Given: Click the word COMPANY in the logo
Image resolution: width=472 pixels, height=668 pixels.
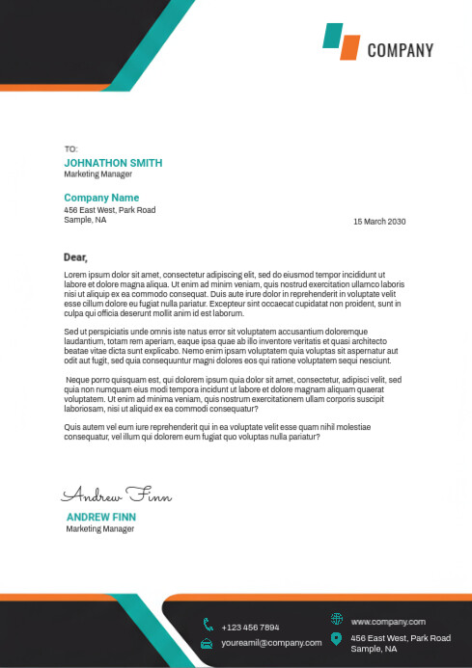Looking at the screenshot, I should [x=400, y=51].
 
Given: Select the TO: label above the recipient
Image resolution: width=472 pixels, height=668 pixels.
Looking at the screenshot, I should [x=69, y=149].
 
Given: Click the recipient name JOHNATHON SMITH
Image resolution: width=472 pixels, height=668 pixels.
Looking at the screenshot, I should [x=113, y=163].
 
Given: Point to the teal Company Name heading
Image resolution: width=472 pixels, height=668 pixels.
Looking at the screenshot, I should [x=101, y=198].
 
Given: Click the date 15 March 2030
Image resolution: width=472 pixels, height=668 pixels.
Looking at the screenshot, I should [x=379, y=222].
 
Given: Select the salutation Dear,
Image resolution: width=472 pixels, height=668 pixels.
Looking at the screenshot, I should [x=75, y=257].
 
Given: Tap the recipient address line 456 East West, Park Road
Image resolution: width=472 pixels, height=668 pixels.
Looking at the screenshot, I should [x=109, y=210].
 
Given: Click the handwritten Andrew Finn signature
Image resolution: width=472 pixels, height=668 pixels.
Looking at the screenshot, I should [x=117, y=495].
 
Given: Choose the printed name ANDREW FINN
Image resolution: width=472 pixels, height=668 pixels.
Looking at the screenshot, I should [x=101, y=517].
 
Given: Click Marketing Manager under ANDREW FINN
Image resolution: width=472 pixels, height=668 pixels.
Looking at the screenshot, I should [x=99, y=529].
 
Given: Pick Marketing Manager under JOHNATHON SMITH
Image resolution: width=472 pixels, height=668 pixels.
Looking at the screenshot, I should [x=98, y=174].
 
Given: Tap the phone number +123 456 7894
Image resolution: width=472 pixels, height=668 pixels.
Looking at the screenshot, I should [x=250, y=628].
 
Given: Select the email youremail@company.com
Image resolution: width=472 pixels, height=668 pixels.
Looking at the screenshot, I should [x=270, y=642].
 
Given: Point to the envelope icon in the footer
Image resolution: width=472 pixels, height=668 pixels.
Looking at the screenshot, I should [x=208, y=643].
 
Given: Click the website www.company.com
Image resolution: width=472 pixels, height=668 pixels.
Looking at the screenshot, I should [x=387, y=622].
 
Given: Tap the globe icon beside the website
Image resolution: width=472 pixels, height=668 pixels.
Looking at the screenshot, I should [x=336, y=619].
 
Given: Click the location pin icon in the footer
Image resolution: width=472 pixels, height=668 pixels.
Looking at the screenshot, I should [x=336, y=639].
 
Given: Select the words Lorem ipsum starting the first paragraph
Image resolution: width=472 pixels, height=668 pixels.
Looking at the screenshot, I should [x=84, y=275].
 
